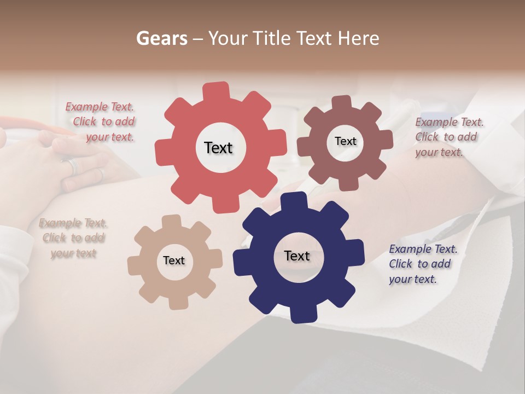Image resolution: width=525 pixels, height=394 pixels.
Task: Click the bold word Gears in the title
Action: [x=161, y=38]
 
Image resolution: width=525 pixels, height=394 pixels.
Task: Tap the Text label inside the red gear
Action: [x=218, y=148]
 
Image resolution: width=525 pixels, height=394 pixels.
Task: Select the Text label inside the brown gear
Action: [x=345, y=141]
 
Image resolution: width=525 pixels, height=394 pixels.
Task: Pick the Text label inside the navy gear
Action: [x=297, y=256]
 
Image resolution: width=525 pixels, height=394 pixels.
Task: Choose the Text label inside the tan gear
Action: [x=174, y=260]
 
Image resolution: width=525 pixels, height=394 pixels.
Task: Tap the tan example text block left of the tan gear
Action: [x=73, y=238]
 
